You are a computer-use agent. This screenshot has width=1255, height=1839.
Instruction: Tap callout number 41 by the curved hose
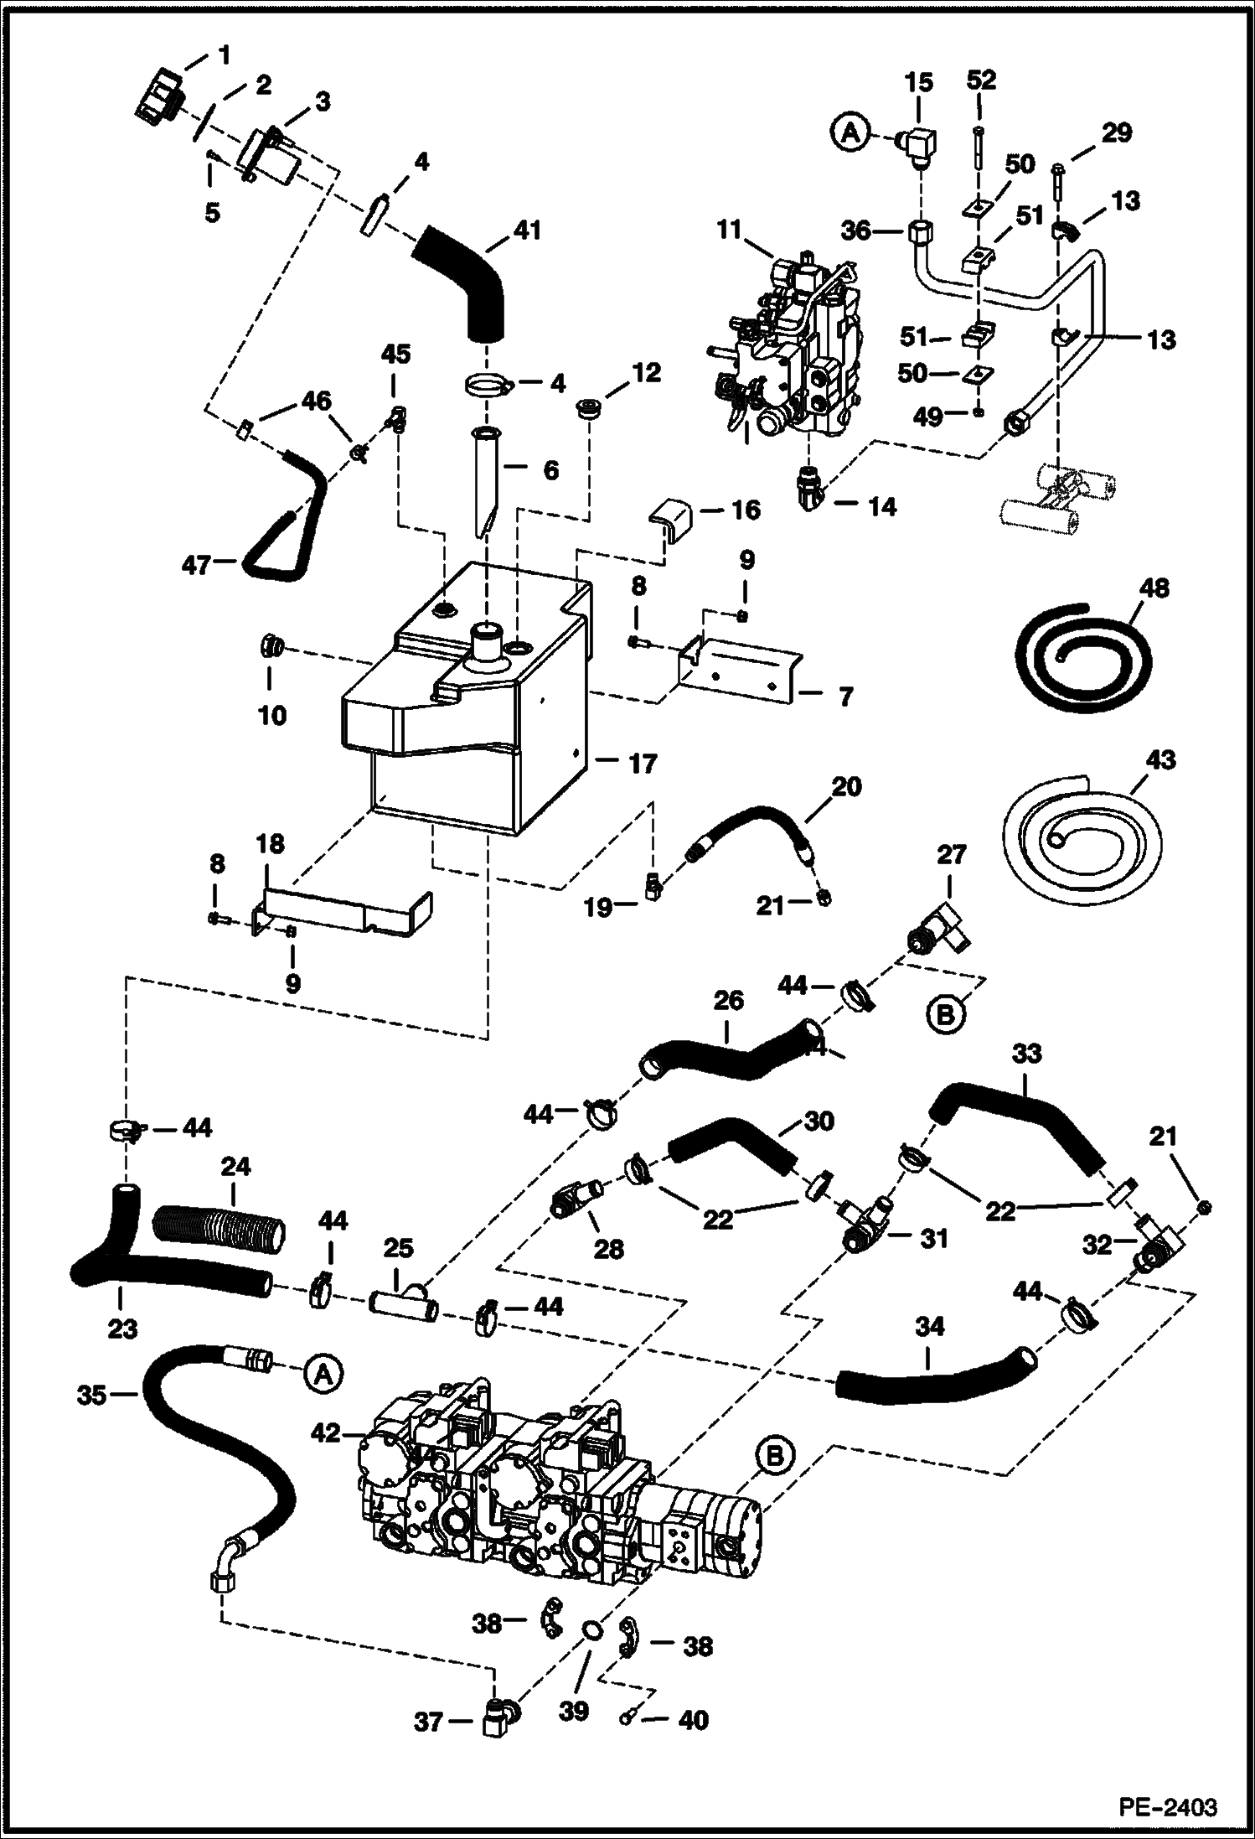(526, 230)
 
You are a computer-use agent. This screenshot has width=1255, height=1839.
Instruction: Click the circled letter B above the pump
(775, 1457)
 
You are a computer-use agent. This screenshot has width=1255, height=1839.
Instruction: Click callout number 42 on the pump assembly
(326, 1433)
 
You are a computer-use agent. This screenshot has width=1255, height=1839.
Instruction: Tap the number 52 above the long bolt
(981, 80)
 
